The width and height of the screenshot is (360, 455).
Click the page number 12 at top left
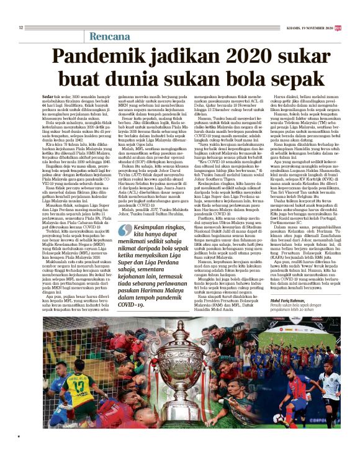pyautogui.click(x=20, y=27)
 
